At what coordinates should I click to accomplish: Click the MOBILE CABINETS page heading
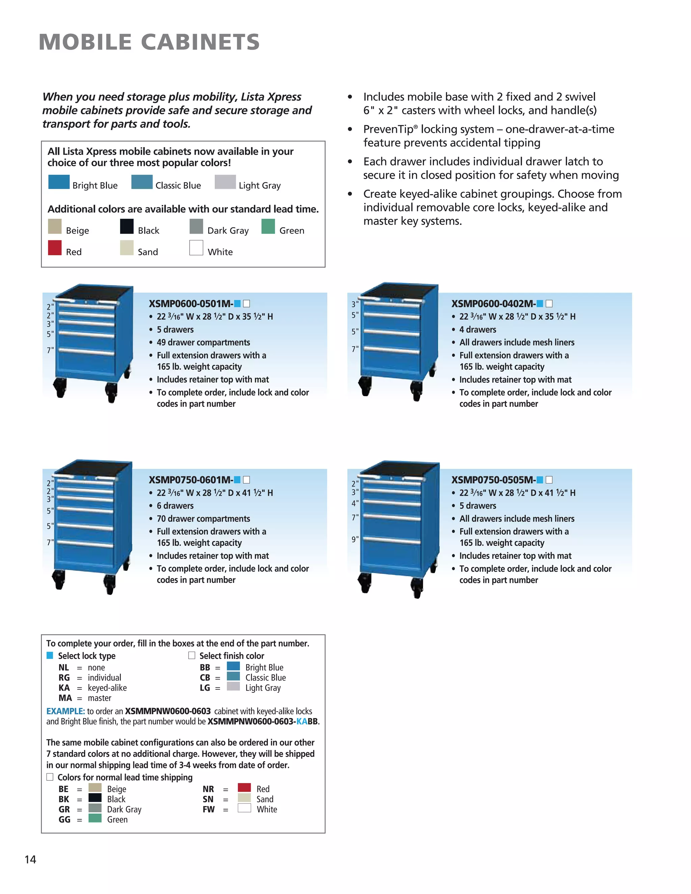pos(149,42)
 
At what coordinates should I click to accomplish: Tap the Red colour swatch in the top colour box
pos(54,248)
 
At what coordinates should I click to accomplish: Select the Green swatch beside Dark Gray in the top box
pos(268,227)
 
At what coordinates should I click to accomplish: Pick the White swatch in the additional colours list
pos(196,248)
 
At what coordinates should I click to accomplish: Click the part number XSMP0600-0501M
pos(191,304)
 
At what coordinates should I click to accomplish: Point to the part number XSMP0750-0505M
pos(493,480)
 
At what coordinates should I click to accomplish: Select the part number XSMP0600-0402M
pos(493,304)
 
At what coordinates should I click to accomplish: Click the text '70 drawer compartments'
pos(203,518)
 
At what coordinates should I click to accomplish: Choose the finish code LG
pos(205,688)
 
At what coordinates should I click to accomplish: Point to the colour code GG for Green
pos(64,820)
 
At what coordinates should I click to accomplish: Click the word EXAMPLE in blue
pos(65,711)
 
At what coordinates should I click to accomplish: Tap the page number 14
pos(30,860)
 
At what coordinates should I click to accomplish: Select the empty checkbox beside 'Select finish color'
pos(192,656)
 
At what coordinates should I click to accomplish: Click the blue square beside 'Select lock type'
pos(50,656)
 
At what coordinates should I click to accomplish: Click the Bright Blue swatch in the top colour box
pos(59,182)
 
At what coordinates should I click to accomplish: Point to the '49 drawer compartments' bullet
pos(203,342)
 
